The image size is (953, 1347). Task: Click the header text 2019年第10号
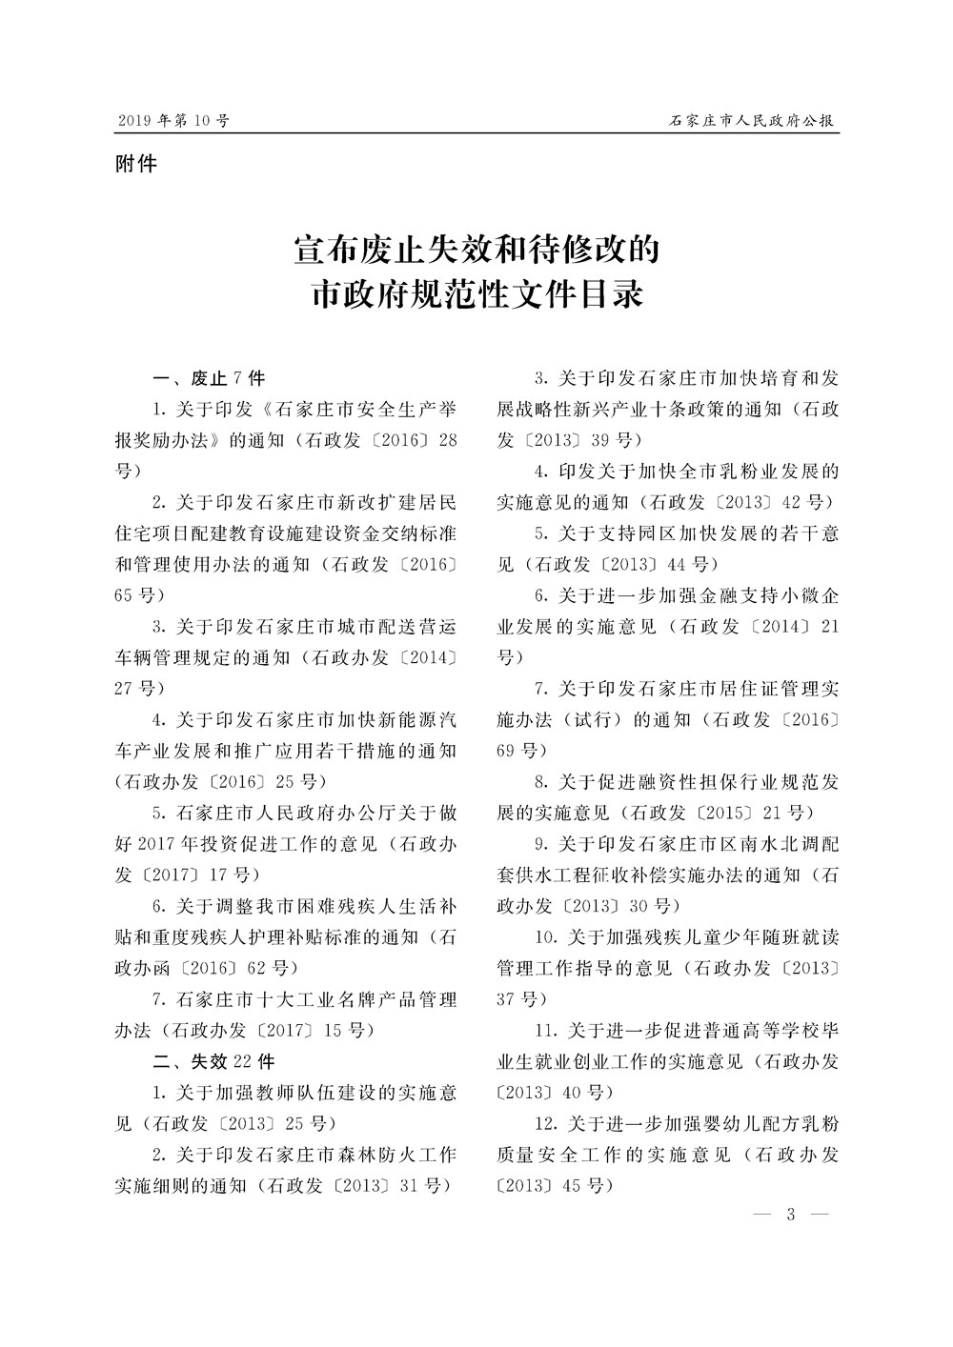tap(173, 121)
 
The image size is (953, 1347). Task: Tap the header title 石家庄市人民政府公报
tap(752, 121)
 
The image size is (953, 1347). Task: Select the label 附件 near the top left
tap(135, 164)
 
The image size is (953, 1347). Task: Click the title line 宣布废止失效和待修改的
tap(476, 251)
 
